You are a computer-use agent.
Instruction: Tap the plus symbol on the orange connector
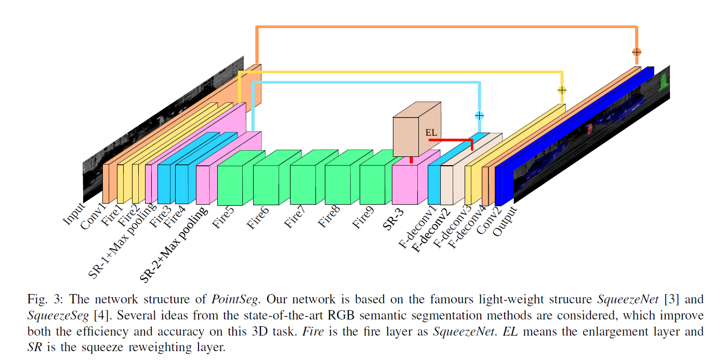click(x=636, y=52)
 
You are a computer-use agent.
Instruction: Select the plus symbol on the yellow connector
click(x=561, y=90)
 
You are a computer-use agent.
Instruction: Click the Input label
click(x=73, y=214)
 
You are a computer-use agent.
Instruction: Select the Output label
click(x=505, y=221)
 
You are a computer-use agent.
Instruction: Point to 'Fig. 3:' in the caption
click(x=44, y=300)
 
